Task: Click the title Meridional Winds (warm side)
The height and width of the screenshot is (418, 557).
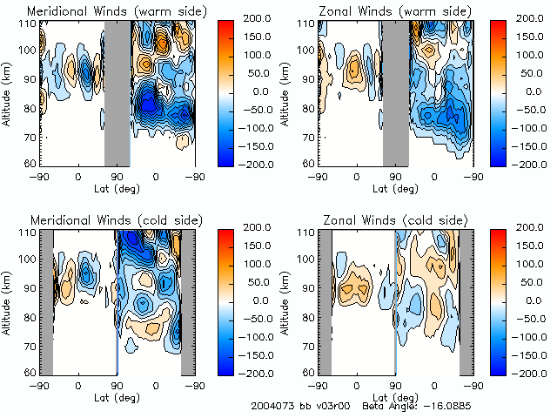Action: pyautogui.click(x=105, y=10)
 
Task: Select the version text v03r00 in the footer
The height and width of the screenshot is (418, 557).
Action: pyautogui.click(x=323, y=406)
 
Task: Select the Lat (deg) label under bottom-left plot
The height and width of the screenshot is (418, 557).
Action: pyautogui.click(x=117, y=396)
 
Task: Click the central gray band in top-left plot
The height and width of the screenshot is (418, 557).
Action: pyautogui.click(x=117, y=91)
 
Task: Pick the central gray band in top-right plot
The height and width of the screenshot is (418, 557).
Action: pyautogui.click(x=396, y=91)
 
